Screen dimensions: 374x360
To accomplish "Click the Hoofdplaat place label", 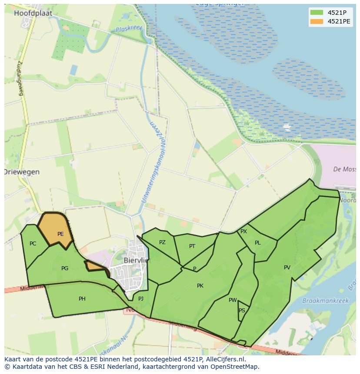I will coord(33,13).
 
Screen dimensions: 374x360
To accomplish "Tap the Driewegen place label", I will coord(22,172).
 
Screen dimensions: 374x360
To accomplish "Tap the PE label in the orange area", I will coord(60,234).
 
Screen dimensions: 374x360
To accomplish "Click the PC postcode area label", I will coord(33,244).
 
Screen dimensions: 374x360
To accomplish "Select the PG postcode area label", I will coord(65,268).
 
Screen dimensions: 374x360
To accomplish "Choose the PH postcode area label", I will coord(82,299).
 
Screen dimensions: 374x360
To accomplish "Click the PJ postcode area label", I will coord(141,299).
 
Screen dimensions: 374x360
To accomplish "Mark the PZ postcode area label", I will coord(162,242).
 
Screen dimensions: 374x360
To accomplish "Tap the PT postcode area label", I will coord(192,246).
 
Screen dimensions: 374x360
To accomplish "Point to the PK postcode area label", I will coord(200,286).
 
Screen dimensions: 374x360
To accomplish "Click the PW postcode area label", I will coord(233,300).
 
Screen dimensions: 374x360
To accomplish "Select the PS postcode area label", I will coord(242,311).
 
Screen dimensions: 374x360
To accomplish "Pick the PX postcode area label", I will coord(243,232).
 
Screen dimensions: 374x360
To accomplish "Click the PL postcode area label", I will coord(258,243).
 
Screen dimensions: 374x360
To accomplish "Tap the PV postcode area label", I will coord(287,268).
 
